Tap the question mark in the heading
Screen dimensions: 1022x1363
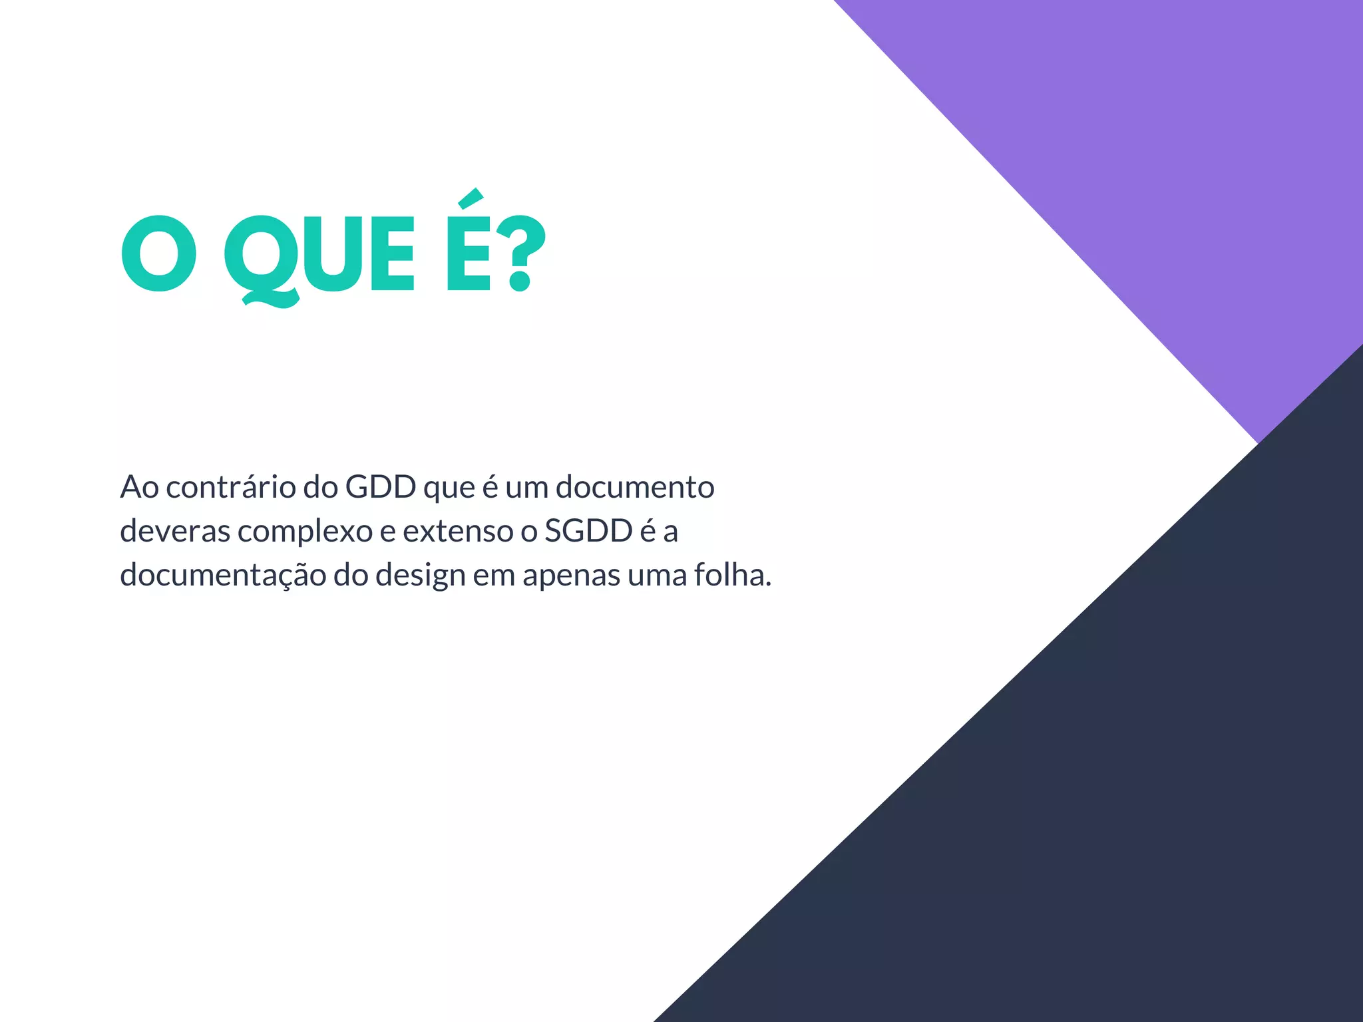pyautogui.click(x=520, y=254)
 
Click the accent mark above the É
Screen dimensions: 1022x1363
pyautogui.click(x=471, y=198)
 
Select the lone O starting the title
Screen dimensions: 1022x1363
pyautogui.click(x=159, y=254)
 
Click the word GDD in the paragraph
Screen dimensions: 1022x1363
pyautogui.click(x=380, y=487)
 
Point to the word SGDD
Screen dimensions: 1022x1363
pyautogui.click(x=588, y=531)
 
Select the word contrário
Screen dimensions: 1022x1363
pyautogui.click(x=231, y=487)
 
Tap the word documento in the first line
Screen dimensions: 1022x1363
pyautogui.click(x=635, y=487)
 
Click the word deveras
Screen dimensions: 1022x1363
pyautogui.click(x=175, y=531)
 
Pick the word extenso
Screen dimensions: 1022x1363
pyautogui.click(x=458, y=531)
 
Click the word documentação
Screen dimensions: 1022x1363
pyautogui.click(x=223, y=576)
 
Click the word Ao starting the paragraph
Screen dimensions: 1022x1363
pyautogui.click(x=139, y=487)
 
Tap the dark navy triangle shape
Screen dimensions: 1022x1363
pyautogui.click(x=1131, y=798)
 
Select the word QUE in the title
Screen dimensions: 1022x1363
pyautogui.click(x=319, y=256)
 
